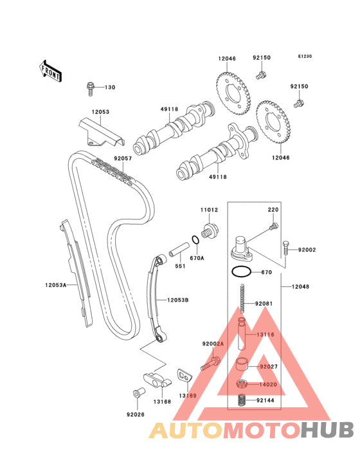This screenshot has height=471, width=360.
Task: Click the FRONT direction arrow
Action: click(50, 71)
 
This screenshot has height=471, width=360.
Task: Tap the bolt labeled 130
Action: click(90, 88)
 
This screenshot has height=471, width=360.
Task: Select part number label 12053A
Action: click(56, 285)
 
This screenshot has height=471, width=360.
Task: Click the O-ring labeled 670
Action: click(241, 272)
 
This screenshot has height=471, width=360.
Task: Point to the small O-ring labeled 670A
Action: click(195, 240)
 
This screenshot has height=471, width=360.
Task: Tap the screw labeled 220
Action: click(274, 226)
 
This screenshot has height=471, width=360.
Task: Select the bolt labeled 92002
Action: click(285, 248)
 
